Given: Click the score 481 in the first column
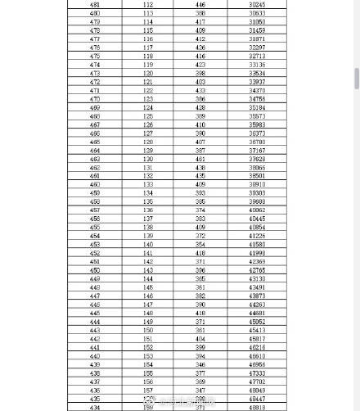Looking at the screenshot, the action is [95, 5].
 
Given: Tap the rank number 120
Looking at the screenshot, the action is [148, 74].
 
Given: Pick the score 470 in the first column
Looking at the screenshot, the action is [95, 99].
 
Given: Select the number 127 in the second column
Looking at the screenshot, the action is [148, 133].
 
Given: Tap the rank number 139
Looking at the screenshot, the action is [148, 236].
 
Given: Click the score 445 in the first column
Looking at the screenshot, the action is [95, 313].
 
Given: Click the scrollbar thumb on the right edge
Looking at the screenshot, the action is [357, 79].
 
